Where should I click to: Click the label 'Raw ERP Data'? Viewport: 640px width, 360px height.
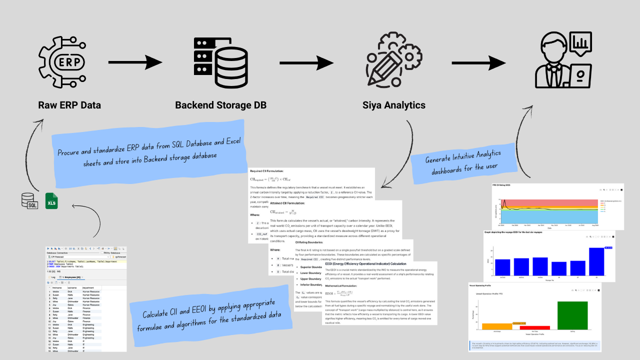click(69, 105)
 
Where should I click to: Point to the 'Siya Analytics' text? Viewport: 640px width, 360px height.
click(394, 105)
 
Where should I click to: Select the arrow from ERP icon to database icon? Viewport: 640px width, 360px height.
click(135, 62)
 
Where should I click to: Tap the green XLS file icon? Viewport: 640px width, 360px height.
click(51, 200)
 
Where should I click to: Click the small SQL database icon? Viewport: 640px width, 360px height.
click(29, 201)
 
